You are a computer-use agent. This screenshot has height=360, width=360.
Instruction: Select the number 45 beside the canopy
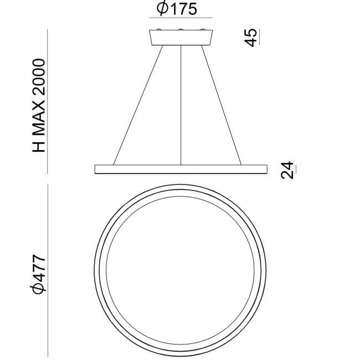pos(251,38)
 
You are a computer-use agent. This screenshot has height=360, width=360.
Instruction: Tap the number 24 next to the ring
pos(286,170)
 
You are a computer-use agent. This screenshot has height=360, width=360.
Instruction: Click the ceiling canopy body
pos(181,38)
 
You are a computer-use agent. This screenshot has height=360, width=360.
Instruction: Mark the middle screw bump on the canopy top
pos(181,29)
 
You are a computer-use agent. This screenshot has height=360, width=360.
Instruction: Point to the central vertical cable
pos(181,105)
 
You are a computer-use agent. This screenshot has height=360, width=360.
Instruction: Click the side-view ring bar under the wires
pos(181,168)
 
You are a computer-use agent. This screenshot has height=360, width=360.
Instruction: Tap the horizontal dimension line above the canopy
pos(181,20)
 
